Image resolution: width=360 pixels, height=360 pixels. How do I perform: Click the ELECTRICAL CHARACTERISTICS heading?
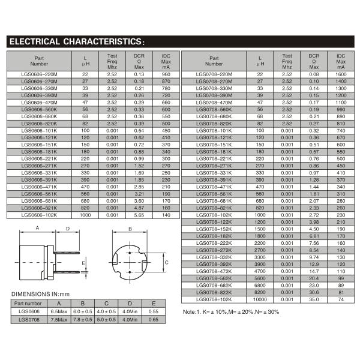(75, 42)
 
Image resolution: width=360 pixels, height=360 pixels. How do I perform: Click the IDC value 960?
(166, 74)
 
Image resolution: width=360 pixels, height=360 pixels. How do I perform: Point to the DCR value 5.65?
(139, 214)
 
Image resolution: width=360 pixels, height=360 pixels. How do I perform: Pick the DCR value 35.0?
(314, 298)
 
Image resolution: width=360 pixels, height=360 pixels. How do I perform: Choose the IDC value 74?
(341, 298)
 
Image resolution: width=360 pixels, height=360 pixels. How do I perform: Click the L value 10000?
(260, 298)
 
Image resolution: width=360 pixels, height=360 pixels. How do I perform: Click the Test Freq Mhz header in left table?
(112, 61)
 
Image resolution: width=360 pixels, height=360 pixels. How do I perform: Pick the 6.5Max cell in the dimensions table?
(59, 312)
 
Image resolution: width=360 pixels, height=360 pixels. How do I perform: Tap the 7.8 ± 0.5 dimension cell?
(82, 320)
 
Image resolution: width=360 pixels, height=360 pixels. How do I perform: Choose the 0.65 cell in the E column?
(154, 320)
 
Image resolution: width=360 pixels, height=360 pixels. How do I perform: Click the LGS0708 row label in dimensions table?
(28, 320)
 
